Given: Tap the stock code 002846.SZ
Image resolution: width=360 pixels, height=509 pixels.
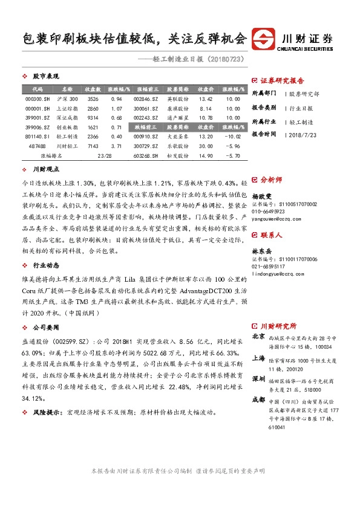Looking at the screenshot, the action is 146,99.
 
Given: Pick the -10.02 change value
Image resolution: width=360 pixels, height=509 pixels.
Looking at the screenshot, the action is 232,137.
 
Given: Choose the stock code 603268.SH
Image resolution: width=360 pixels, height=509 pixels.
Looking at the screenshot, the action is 146,156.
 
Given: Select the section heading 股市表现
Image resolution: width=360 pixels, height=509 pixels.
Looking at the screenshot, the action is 46,76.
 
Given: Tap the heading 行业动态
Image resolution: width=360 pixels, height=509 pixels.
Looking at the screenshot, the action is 46,265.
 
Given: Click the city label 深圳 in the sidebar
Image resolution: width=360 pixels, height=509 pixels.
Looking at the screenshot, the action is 258,361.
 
